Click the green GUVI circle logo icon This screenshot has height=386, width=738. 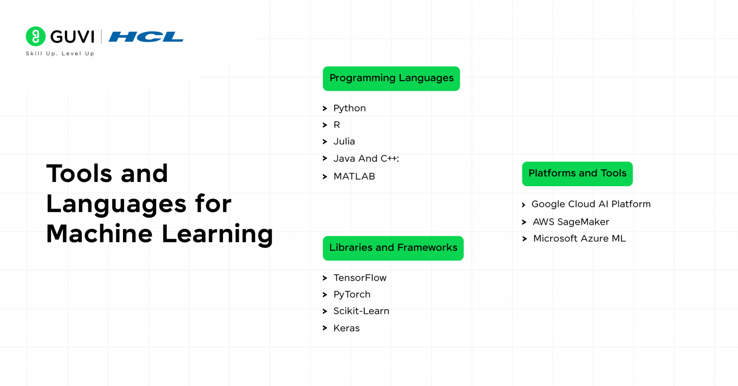click(x=36, y=36)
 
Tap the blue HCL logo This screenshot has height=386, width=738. click(x=146, y=36)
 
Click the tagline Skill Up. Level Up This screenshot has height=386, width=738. click(x=60, y=54)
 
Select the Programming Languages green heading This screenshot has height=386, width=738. click(x=391, y=78)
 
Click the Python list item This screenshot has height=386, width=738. click(x=349, y=109)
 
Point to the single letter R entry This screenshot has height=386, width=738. click(x=337, y=125)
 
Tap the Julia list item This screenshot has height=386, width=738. click(x=344, y=142)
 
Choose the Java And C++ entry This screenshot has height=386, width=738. click(x=366, y=158)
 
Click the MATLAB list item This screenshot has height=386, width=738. click(x=354, y=177)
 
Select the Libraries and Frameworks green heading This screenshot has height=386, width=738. click(x=393, y=248)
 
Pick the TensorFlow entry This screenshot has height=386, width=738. click(x=360, y=278)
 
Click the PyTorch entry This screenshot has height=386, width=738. click(x=352, y=295)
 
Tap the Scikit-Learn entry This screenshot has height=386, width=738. click(x=361, y=311)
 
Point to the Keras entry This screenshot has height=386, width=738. click(x=346, y=328)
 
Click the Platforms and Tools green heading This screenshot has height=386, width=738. click(x=577, y=174)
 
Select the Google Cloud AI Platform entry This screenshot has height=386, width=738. click(x=590, y=205)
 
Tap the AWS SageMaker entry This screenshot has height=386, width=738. click(x=571, y=222)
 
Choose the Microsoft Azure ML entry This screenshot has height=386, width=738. click(x=579, y=239)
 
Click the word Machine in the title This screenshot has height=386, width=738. click(x=99, y=234)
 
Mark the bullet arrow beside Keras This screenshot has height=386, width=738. click(x=325, y=328)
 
